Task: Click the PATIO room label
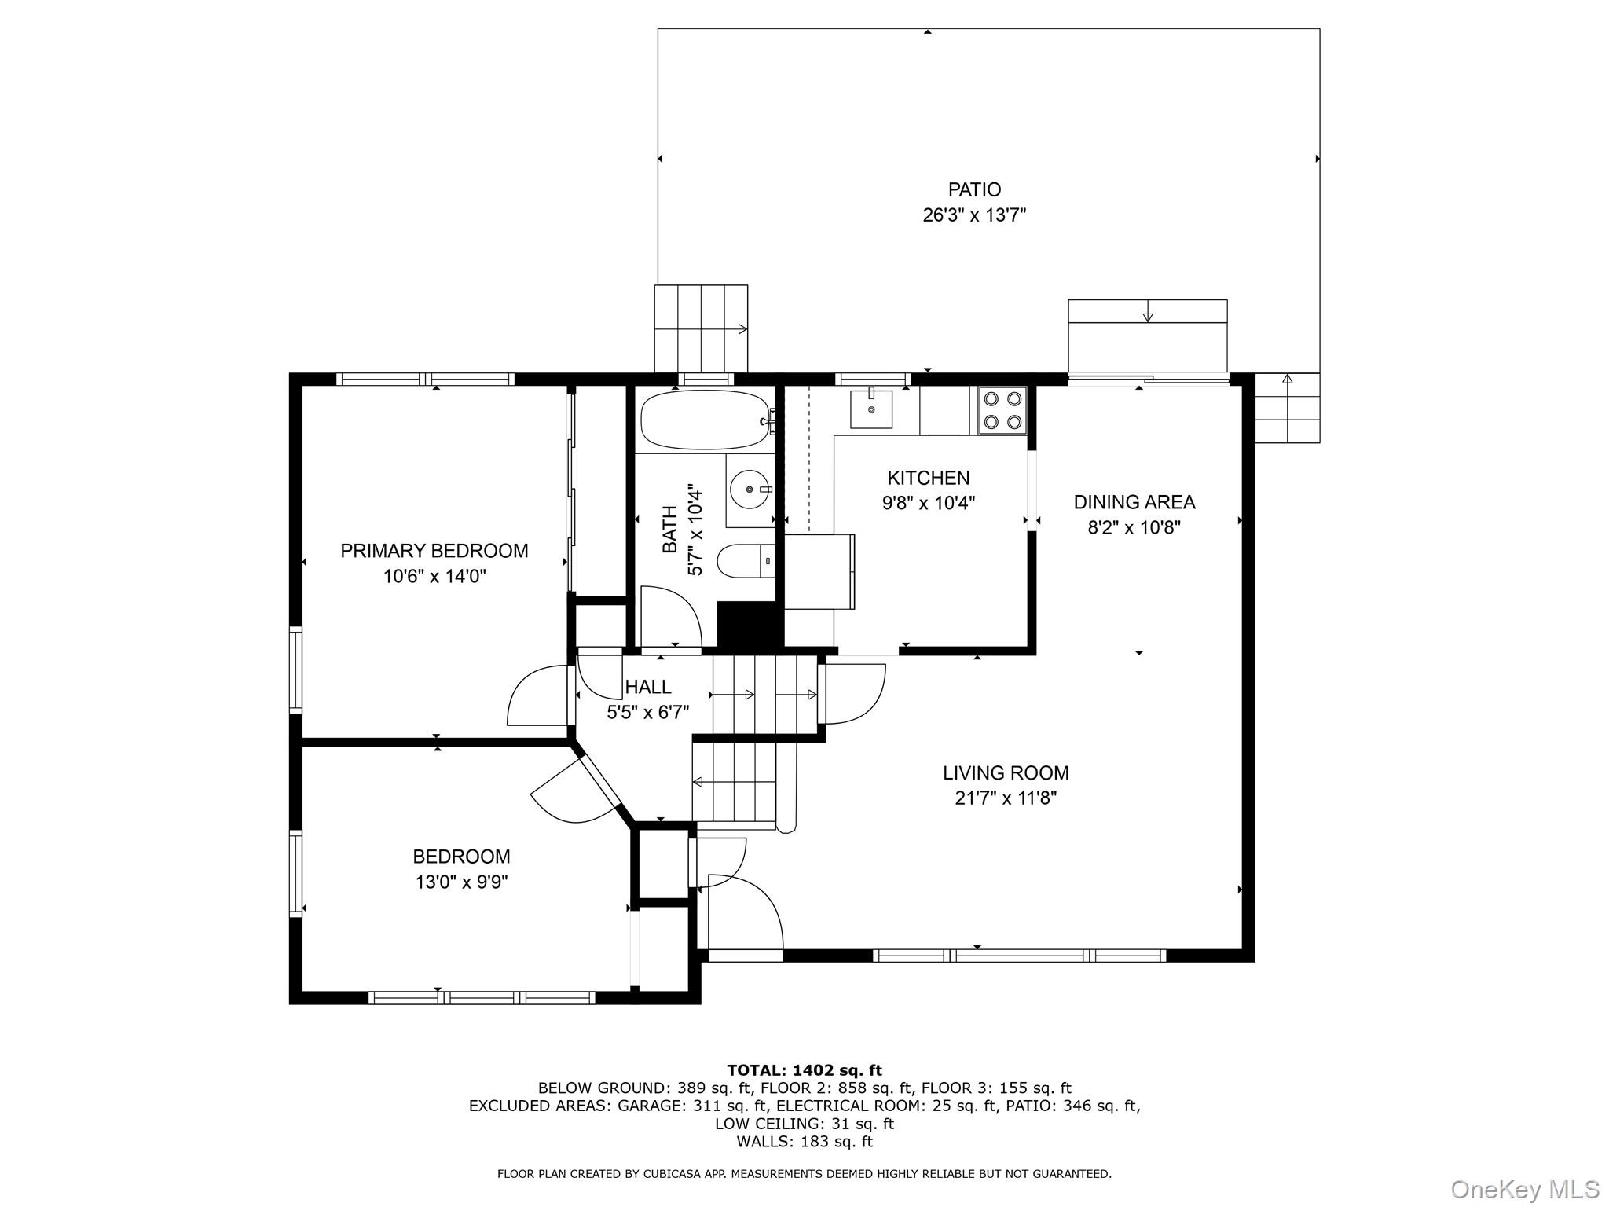(974, 189)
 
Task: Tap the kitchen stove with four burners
(1002, 411)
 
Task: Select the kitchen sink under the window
(870, 409)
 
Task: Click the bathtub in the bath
(704, 420)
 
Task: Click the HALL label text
(648, 687)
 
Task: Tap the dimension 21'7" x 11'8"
(1006, 798)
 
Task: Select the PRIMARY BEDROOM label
(434, 551)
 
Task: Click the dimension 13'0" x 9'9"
(461, 882)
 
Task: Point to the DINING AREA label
(1134, 502)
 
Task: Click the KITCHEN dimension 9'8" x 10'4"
(928, 503)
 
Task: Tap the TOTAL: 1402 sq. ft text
(804, 1070)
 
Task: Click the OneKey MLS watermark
(1524, 1189)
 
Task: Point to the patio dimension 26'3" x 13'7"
(974, 215)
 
